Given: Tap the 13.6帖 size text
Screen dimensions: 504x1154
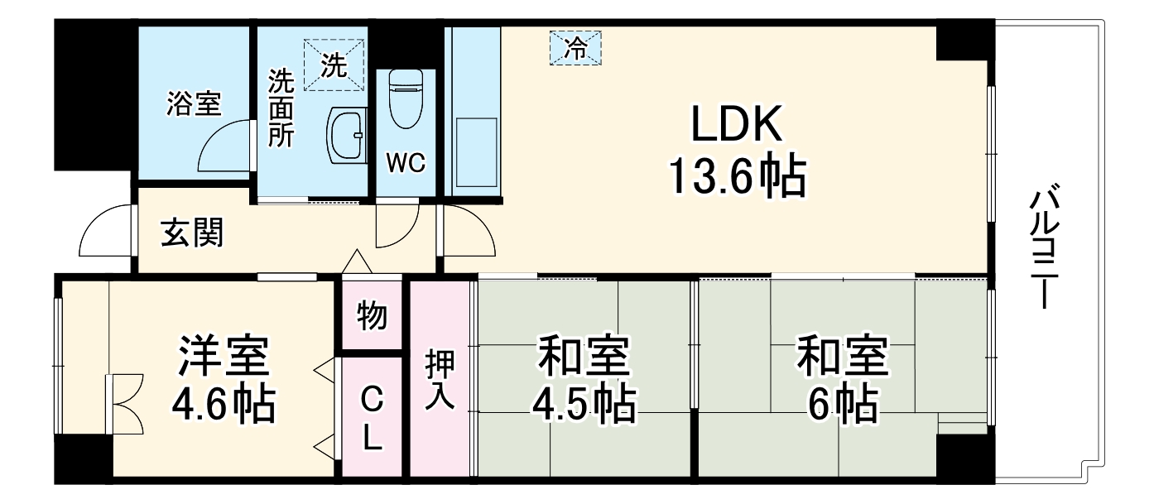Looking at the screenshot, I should coord(736,177).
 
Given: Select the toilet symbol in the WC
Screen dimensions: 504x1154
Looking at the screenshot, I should coord(406,98).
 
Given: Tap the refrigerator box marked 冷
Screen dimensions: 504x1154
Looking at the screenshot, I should coord(575,48).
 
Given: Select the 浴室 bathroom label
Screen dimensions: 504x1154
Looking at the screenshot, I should coord(193,105).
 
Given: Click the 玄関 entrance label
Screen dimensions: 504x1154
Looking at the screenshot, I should coord(191,234).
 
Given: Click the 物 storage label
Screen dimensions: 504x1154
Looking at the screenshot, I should coord(372,315).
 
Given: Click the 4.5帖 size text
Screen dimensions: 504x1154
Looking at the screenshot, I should coord(584,403).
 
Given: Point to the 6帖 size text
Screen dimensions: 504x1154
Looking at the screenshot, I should coord(842,403).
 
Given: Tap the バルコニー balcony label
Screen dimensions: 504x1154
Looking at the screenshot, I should coord(1045,248).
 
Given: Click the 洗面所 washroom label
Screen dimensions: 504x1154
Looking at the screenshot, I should coord(281,108).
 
